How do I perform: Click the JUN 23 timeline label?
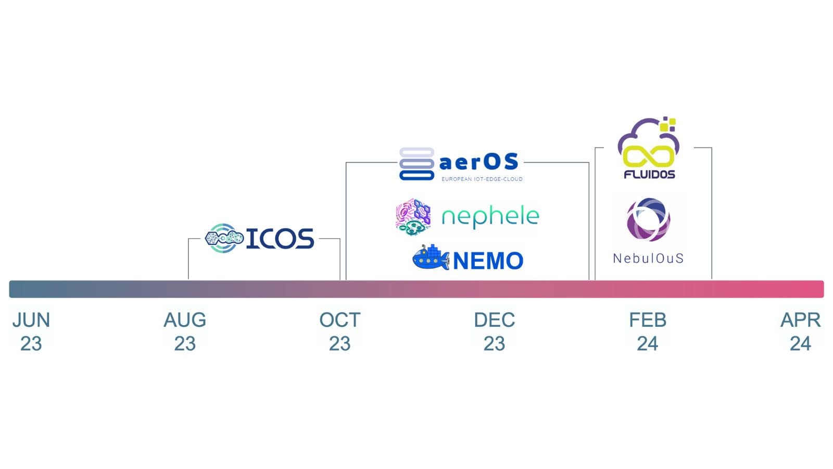pyautogui.click(x=31, y=331)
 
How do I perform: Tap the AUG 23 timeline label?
pyautogui.click(x=185, y=331)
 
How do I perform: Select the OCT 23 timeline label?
pyautogui.click(x=340, y=331)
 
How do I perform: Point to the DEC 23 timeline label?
pyautogui.click(x=494, y=331)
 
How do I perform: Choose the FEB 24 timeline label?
pyautogui.click(x=648, y=331)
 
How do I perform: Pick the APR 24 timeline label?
pyautogui.click(x=800, y=331)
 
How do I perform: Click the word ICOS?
pyautogui.click(x=280, y=239)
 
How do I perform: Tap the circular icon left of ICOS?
pyautogui.click(x=224, y=238)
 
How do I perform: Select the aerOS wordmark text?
pyautogui.click(x=479, y=162)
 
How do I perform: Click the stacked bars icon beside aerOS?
pyautogui.click(x=416, y=164)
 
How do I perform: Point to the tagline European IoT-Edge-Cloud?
pyautogui.click(x=482, y=179)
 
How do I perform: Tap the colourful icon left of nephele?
pyautogui.click(x=413, y=217)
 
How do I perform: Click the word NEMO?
pyautogui.click(x=488, y=261)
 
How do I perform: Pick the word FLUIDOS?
pyautogui.click(x=649, y=175)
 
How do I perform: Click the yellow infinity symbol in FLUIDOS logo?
pyautogui.click(x=649, y=156)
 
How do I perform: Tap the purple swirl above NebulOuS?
pyautogui.click(x=649, y=219)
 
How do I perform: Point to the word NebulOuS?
pyautogui.click(x=648, y=258)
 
